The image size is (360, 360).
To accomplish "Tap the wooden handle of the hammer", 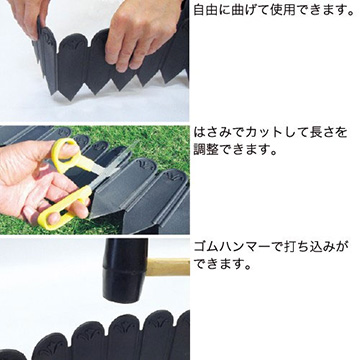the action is point(168,266).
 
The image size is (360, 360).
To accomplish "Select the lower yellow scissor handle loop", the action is point(63,208).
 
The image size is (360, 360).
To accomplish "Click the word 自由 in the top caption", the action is point(204,10).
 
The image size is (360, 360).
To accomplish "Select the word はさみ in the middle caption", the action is point(210,133).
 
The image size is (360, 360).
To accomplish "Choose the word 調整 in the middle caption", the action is point(205,150).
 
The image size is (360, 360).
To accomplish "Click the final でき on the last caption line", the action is point(205,265).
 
